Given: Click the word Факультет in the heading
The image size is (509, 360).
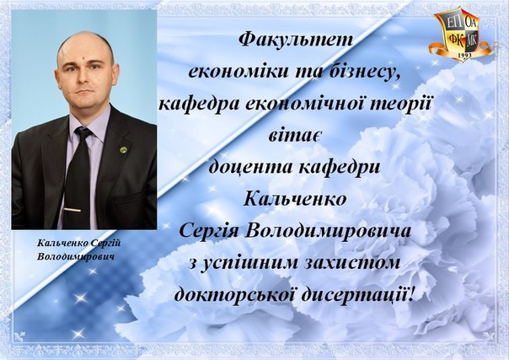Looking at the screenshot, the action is point(295,40).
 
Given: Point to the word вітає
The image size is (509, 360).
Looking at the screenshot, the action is point(295,135).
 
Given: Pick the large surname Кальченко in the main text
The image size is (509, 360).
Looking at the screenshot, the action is point(295,198).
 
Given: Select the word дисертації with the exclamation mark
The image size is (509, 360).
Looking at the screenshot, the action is point(357,294).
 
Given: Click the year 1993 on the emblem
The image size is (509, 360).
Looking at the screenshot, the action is point(465,56).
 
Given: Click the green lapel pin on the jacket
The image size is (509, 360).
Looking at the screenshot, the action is point(123,149).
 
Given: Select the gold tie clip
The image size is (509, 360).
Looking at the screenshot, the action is point(72,210).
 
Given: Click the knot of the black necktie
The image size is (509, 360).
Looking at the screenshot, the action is point(83,132).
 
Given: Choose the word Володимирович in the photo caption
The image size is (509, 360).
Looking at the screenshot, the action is point(76,256).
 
